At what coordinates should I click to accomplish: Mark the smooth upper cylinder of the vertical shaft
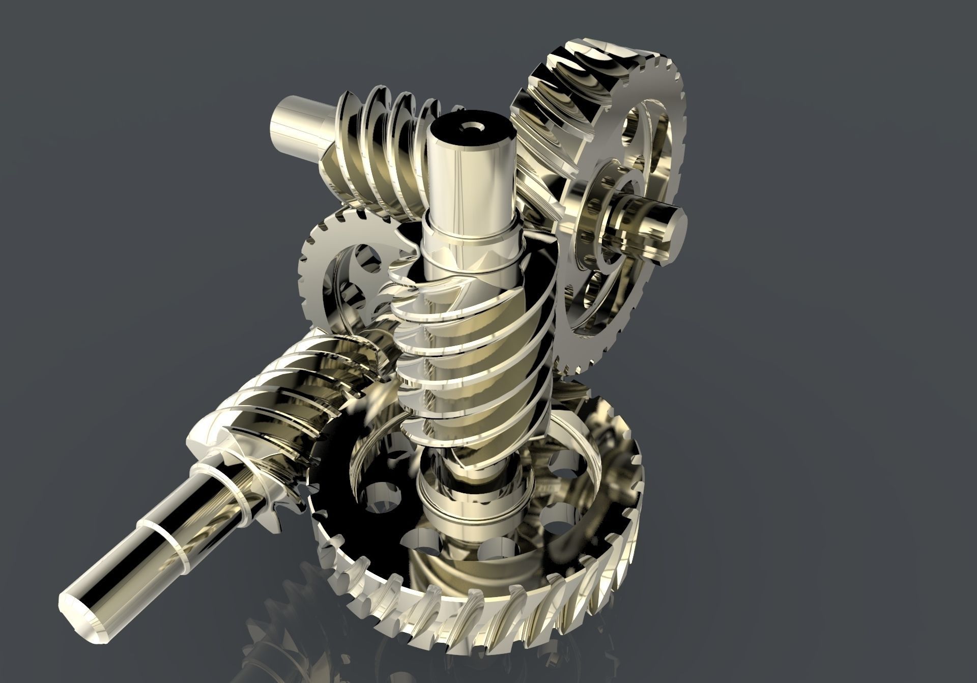click(x=468, y=173)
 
